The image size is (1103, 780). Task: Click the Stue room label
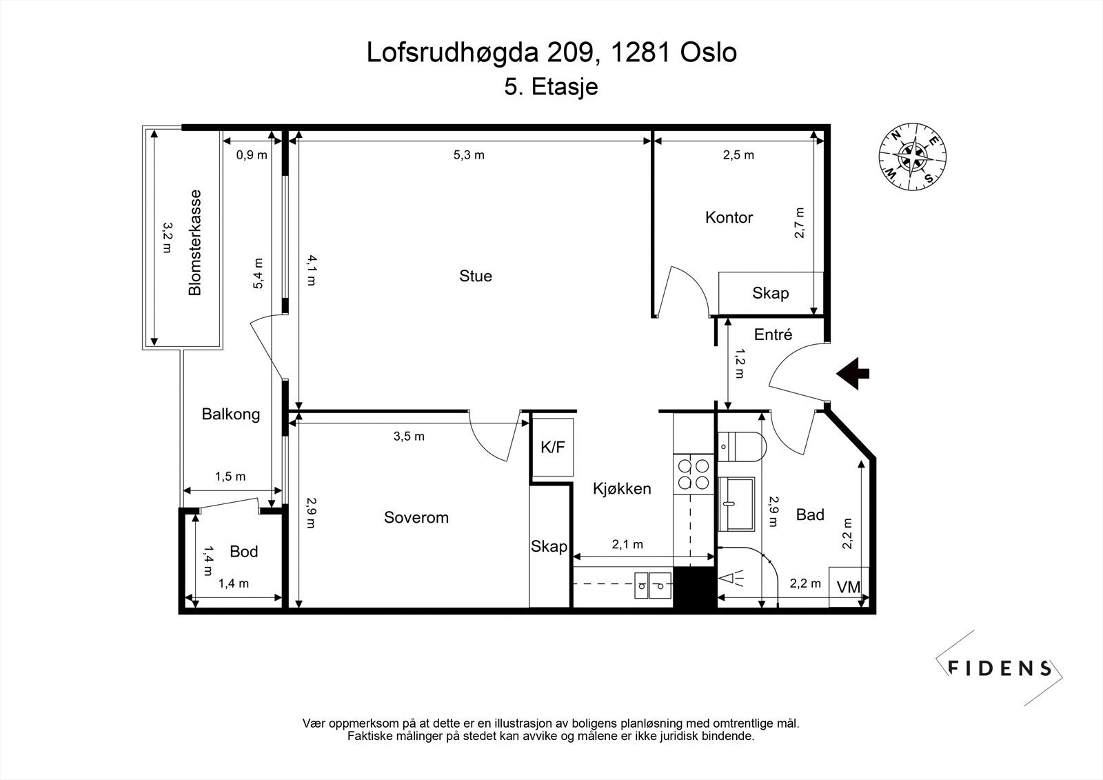pyautogui.click(x=476, y=276)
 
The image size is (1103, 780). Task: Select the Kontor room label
pyautogui.click(x=729, y=217)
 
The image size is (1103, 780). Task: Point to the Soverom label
pyautogui.click(x=416, y=517)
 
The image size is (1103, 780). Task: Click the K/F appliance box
pyautogui.click(x=553, y=448)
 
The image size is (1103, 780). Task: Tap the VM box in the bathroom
pyautogui.click(x=849, y=587)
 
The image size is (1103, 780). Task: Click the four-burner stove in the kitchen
pyautogui.click(x=694, y=473)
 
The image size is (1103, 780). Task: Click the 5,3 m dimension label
pyautogui.click(x=469, y=155)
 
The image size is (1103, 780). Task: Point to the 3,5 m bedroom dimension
pyautogui.click(x=409, y=436)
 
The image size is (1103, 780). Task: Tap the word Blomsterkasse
pyautogui.click(x=195, y=242)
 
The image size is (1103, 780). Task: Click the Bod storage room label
pyautogui.click(x=243, y=551)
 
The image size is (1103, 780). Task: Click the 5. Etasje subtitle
pyautogui.click(x=551, y=88)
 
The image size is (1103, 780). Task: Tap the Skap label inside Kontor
pyautogui.click(x=770, y=293)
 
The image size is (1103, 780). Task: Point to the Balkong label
pyautogui.click(x=231, y=414)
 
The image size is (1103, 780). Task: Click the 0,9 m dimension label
pyautogui.click(x=252, y=155)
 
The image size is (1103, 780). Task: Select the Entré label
pyautogui.click(x=773, y=334)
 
